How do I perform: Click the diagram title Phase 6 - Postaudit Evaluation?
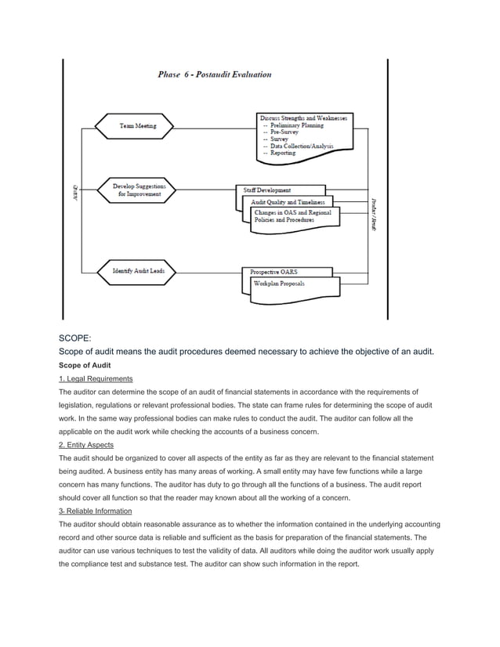point(215,75)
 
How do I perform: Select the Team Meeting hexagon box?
point(136,125)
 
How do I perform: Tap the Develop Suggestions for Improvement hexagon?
point(136,190)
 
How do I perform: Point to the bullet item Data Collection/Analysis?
point(301,146)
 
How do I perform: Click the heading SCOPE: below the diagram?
point(76,338)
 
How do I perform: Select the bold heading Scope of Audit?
point(87,366)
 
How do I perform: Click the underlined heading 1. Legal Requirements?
point(96,379)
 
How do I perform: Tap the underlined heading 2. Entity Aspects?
point(87,445)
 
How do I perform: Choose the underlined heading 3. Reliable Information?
point(96,511)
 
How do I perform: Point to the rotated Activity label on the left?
point(76,190)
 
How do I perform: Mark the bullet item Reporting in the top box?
point(281,154)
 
